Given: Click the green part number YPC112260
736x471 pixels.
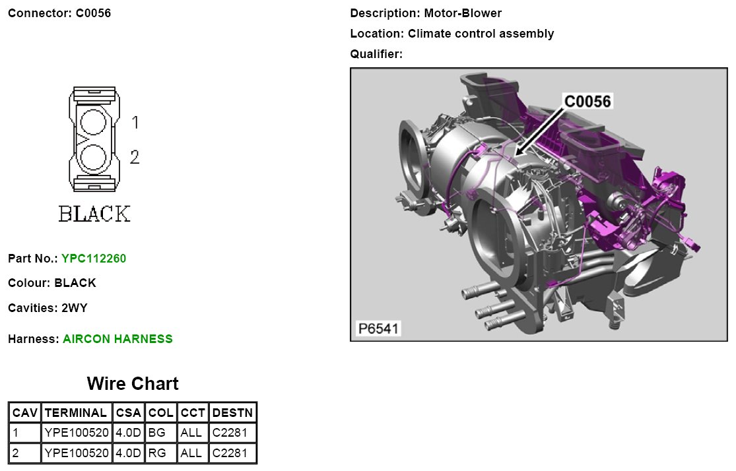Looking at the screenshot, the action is pos(94,259).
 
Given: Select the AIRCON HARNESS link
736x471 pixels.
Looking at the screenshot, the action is pos(117,338).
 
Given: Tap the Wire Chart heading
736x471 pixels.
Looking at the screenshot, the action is pos(133,383).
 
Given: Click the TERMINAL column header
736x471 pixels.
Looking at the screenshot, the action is pos(75,413).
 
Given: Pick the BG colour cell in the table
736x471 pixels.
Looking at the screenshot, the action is pos(157,433).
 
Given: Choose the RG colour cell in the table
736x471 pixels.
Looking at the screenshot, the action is pos(157,453).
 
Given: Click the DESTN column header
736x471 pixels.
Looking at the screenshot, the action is pos(233,413).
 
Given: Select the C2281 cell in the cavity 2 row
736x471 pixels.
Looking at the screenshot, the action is pos(230,453).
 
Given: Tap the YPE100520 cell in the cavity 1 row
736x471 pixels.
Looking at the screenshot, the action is pos(77,433).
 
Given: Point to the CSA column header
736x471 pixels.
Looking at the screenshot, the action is pos(129,413).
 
